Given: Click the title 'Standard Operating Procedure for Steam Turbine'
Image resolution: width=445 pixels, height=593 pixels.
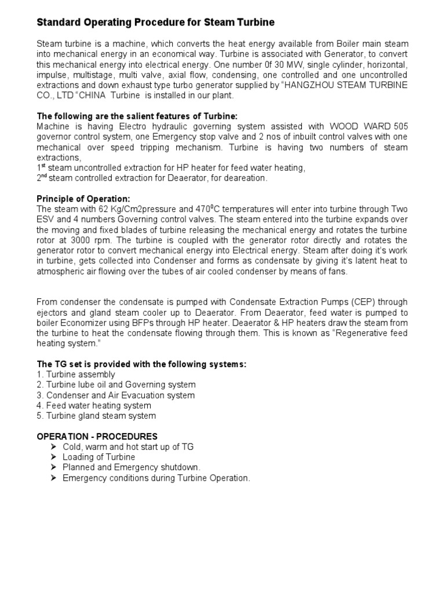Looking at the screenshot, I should [x=155, y=23].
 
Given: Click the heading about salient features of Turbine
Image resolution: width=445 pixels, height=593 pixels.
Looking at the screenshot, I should [x=137, y=116].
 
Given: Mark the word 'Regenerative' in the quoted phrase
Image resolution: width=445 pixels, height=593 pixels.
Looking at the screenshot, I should [x=350, y=334].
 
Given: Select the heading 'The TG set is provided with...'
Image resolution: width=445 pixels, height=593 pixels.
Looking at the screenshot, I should [x=142, y=364].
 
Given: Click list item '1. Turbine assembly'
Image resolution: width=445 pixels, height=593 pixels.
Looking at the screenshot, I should [x=76, y=375].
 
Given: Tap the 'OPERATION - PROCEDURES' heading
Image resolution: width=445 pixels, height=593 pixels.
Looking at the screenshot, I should [x=97, y=436].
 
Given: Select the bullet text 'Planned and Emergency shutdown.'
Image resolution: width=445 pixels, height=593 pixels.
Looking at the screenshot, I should [x=132, y=467].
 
